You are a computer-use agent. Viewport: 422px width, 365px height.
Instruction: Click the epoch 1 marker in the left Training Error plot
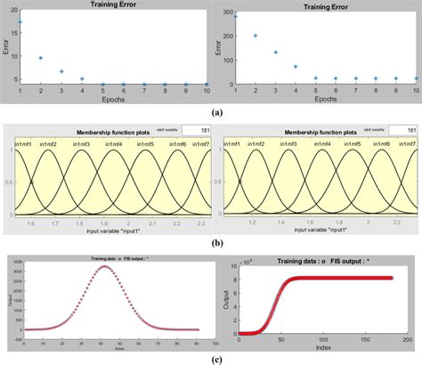[20, 21]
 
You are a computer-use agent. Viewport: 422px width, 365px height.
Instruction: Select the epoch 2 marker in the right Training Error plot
[256, 36]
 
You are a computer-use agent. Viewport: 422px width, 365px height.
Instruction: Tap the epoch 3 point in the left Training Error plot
[61, 71]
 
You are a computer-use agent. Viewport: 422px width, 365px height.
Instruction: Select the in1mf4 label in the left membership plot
[113, 143]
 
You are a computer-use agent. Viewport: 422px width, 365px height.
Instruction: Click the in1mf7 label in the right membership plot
[407, 143]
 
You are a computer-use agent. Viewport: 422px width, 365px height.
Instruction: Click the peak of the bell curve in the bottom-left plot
[105, 267]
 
